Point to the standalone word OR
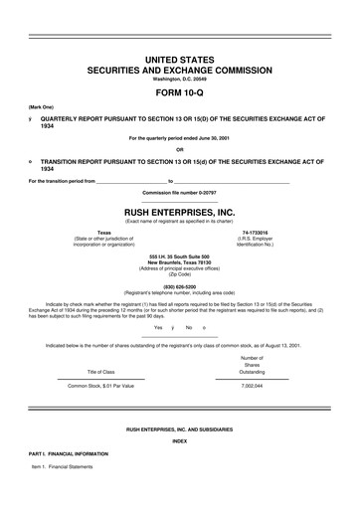179,151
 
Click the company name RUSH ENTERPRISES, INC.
179,212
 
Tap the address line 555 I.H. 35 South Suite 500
179,256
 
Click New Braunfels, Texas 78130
179,262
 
